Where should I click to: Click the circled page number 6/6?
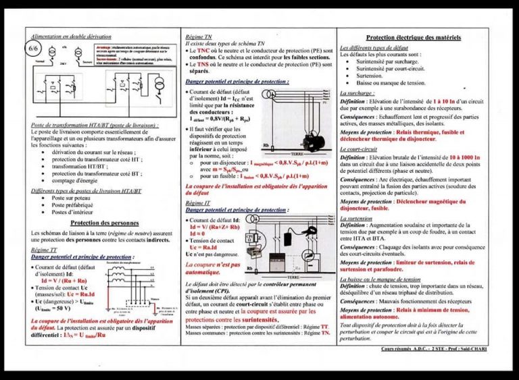[34, 49]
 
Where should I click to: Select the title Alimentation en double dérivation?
[72, 36]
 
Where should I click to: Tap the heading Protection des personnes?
[104, 223]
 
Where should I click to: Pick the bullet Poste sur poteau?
[72, 198]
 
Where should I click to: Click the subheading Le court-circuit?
[360, 148]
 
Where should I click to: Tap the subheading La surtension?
[359, 219]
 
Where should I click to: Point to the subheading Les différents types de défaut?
[379, 49]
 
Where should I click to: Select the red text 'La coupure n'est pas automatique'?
[212, 269]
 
